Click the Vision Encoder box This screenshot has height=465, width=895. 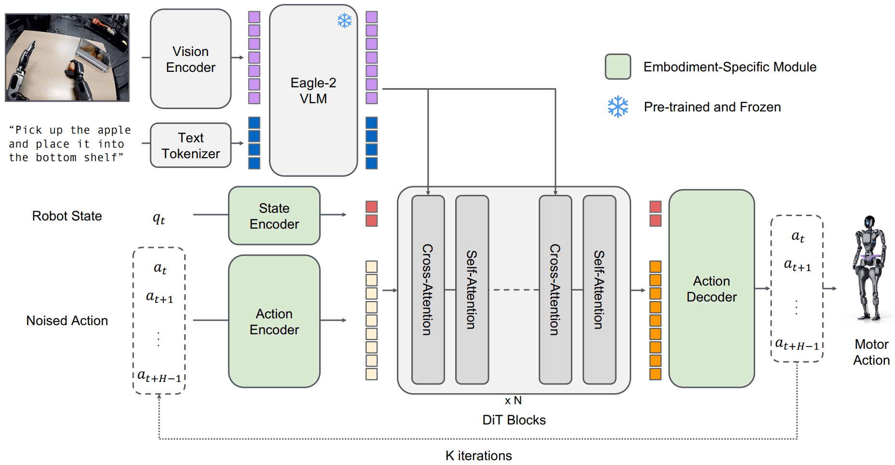click(190, 59)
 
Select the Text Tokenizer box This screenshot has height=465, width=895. click(190, 145)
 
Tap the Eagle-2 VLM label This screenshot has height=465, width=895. click(313, 91)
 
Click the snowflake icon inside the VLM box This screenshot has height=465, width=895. click(344, 21)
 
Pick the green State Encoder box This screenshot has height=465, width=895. click(274, 216)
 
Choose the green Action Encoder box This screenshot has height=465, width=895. click(274, 321)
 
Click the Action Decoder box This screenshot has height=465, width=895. click(711, 288)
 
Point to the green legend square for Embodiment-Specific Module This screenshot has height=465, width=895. click(618, 67)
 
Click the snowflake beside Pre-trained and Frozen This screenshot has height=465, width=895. click(618, 107)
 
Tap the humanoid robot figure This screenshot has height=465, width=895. click(869, 268)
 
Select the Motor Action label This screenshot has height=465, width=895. click(871, 352)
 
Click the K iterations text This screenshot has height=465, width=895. click(478, 455)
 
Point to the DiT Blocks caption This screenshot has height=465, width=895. click(514, 420)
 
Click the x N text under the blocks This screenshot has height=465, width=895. click(513, 400)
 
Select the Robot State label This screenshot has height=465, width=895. click(67, 216)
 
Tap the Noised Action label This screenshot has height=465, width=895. click(67, 321)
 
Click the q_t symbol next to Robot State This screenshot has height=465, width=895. click(159, 219)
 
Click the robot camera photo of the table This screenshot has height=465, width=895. click(67, 57)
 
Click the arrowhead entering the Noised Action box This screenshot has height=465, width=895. click(159, 397)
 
